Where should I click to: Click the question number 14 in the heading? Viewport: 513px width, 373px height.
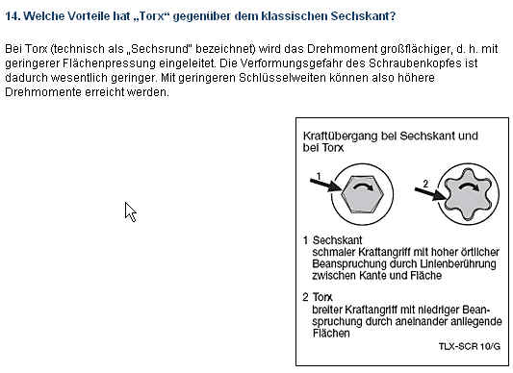(13, 16)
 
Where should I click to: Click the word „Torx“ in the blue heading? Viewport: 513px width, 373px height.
(151, 16)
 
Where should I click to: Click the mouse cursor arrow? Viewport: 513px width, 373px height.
(131, 212)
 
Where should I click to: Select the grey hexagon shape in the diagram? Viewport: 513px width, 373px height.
(363, 194)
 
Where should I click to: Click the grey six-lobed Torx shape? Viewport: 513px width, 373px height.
(469, 194)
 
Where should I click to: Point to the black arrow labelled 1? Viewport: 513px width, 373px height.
(326, 186)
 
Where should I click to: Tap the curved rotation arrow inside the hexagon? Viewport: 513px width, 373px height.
(363, 186)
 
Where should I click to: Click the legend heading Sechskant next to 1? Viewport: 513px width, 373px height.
(337, 240)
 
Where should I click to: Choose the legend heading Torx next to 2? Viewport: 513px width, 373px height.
(322, 297)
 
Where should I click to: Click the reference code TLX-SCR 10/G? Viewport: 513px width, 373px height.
(470, 346)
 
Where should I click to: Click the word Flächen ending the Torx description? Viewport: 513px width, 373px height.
(331, 334)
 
